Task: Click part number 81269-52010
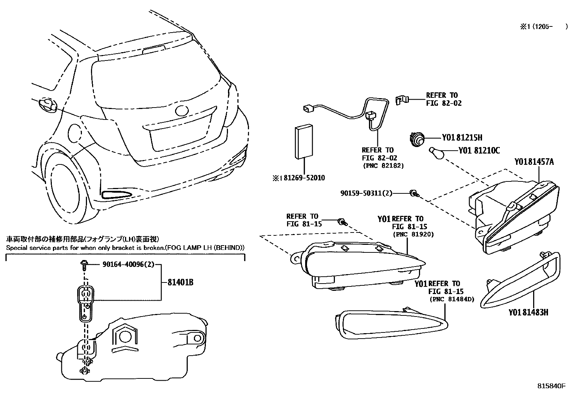click(x=304, y=178)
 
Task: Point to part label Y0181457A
click(x=534, y=162)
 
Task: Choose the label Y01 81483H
click(x=528, y=312)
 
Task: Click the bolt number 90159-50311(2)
click(x=366, y=193)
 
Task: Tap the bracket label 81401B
click(x=180, y=282)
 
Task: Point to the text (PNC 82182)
click(x=383, y=166)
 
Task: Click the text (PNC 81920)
click(x=413, y=234)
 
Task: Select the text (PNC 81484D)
click(x=452, y=299)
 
